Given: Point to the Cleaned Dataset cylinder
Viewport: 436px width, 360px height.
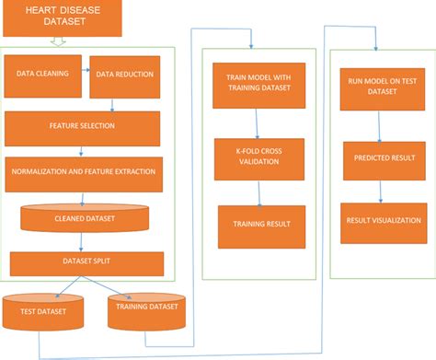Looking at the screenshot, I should coord(84,218).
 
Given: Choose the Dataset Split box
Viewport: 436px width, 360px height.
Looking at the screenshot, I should coord(86,262).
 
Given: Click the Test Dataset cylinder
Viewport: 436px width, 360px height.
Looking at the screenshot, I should coord(43,313).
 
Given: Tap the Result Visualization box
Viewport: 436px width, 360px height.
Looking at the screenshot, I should coord(379,221).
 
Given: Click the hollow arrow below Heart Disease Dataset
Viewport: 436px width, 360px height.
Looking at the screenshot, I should coord(57,41).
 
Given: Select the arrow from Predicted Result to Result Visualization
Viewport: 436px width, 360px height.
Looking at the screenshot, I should coord(379,189).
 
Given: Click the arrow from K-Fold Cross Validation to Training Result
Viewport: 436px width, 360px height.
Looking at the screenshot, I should coord(259,192).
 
